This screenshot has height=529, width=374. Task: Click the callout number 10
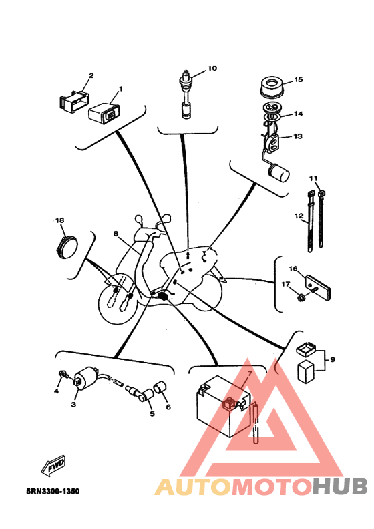click(212, 69)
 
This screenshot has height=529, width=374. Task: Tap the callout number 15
click(299, 79)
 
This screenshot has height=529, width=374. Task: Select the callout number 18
click(59, 220)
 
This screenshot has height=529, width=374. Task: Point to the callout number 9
click(333, 359)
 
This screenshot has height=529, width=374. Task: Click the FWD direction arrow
click(53, 466)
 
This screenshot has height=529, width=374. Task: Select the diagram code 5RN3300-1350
click(53, 491)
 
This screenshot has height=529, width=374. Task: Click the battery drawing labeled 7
click(224, 407)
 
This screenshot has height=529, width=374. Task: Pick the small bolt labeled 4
click(63, 374)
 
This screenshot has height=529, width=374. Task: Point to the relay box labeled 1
click(104, 112)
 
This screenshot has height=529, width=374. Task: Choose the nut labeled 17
click(301, 297)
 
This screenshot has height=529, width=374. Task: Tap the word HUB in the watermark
click(339, 486)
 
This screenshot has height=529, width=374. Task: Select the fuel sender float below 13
click(278, 172)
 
